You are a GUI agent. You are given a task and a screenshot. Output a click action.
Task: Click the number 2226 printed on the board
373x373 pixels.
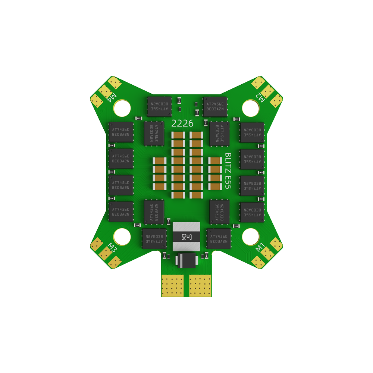pyautogui.click(x=182, y=123)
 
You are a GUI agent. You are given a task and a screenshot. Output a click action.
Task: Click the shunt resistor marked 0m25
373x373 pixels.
pyautogui.click(x=186, y=236)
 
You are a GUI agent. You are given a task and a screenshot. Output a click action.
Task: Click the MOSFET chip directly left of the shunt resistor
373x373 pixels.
pyautogui.click(x=154, y=239)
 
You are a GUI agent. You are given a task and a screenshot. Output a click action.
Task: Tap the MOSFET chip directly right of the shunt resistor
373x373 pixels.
pyautogui.click(x=219, y=239)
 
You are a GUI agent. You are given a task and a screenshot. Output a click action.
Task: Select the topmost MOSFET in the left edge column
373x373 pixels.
pyautogui.click(x=121, y=132)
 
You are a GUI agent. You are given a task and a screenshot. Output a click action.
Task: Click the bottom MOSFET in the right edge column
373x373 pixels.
pyautogui.click(x=252, y=212)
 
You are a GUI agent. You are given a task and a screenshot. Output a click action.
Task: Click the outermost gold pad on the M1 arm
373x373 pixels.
pyautogui.click(x=276, y=244)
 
